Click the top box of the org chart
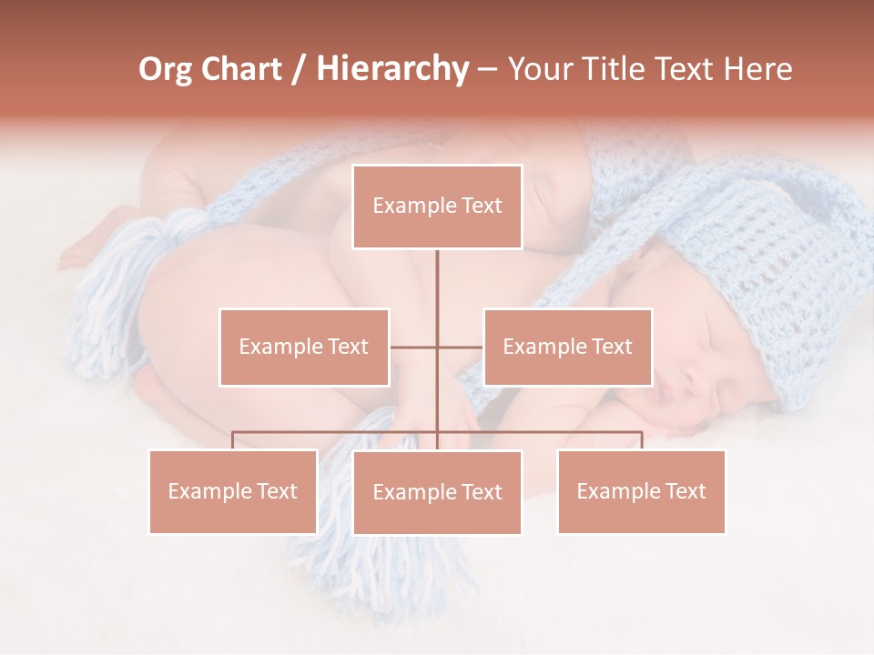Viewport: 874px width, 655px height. pyautogui.click(x=437, y=207)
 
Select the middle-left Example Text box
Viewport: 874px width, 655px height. pyautogui.click(x=304, y=347)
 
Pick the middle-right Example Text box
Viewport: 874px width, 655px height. pyautogui.click(x=567, y=347)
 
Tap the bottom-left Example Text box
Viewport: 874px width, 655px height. pyautogui.click(x=233, y=491)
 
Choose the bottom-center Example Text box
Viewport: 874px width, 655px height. pyautogui.click(x=437, y=492)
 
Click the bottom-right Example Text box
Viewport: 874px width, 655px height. pyautogui.click(x=641, y=491)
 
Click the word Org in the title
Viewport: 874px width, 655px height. pyautogui.click(x=165, y=69)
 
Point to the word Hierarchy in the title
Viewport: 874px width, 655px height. pyautogui.click(x=391, y=69)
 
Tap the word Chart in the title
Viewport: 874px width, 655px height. pyautogui.click(x=240, y=69)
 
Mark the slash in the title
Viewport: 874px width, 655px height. pyautogui.click(x=299, y=69)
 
